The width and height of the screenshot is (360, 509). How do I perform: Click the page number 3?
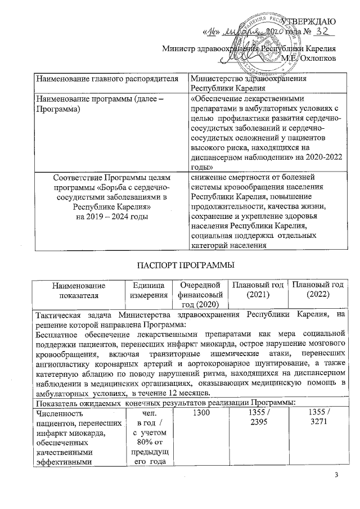tap(337, 477)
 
